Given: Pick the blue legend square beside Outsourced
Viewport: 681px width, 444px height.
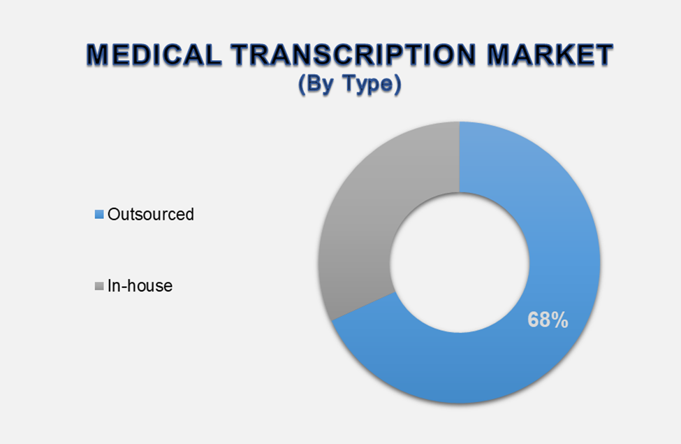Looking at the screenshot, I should [x=99, y=215].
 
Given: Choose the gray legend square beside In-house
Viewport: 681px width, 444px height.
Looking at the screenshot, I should [x=99, y=286].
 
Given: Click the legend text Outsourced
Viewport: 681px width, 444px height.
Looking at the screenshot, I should [x=150, y=215].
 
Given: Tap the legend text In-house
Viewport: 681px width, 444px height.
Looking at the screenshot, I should [x=140, y=286].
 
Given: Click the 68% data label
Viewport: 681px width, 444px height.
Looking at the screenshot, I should [x=548, y=320].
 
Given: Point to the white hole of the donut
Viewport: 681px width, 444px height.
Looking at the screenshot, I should [x=459, y=263].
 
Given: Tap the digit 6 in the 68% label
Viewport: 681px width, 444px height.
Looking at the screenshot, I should [x=533, y=320].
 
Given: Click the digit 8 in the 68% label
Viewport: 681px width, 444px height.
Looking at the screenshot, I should [x=545, y=320].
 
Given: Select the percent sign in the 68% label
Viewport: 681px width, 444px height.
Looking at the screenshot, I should [x=560, y=320].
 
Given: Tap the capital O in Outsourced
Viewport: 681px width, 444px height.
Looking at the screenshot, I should [x=114, y=215].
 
